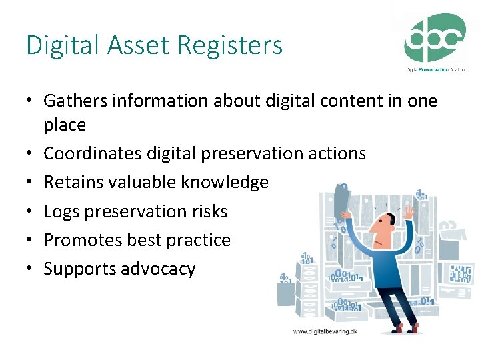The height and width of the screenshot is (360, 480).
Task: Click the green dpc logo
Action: (x=435, y=38)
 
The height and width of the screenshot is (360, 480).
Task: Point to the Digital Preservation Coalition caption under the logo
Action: (x=436, y=69)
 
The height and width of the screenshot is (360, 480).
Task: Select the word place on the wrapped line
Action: (x=65, y=125)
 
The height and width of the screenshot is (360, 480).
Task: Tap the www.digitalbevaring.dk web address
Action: (x=325, y=331)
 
